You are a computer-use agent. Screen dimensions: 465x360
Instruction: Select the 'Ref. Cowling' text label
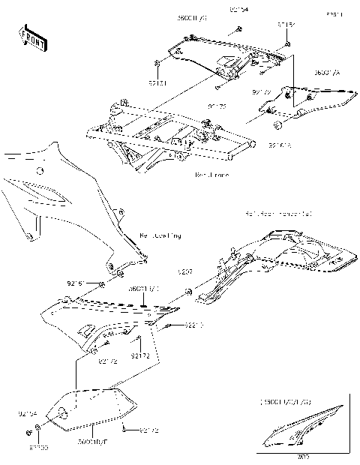tap(160, 236)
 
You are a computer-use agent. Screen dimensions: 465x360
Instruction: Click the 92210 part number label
tap(175, 326)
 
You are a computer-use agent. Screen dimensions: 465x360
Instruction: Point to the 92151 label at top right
tap(286, 25)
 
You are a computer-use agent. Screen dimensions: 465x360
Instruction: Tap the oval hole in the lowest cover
tap(64, 414)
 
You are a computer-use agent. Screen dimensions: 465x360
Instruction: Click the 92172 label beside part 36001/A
tap(261, 93)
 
